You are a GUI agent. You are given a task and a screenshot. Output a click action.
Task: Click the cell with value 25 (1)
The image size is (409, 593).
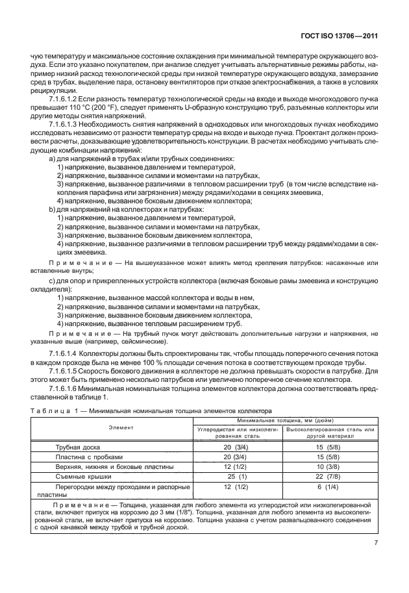tap(236, 477)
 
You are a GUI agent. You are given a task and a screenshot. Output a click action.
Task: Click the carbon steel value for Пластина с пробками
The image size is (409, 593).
tap(236, 457)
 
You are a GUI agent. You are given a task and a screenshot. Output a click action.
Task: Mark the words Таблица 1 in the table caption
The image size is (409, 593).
tap(51, 410)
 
